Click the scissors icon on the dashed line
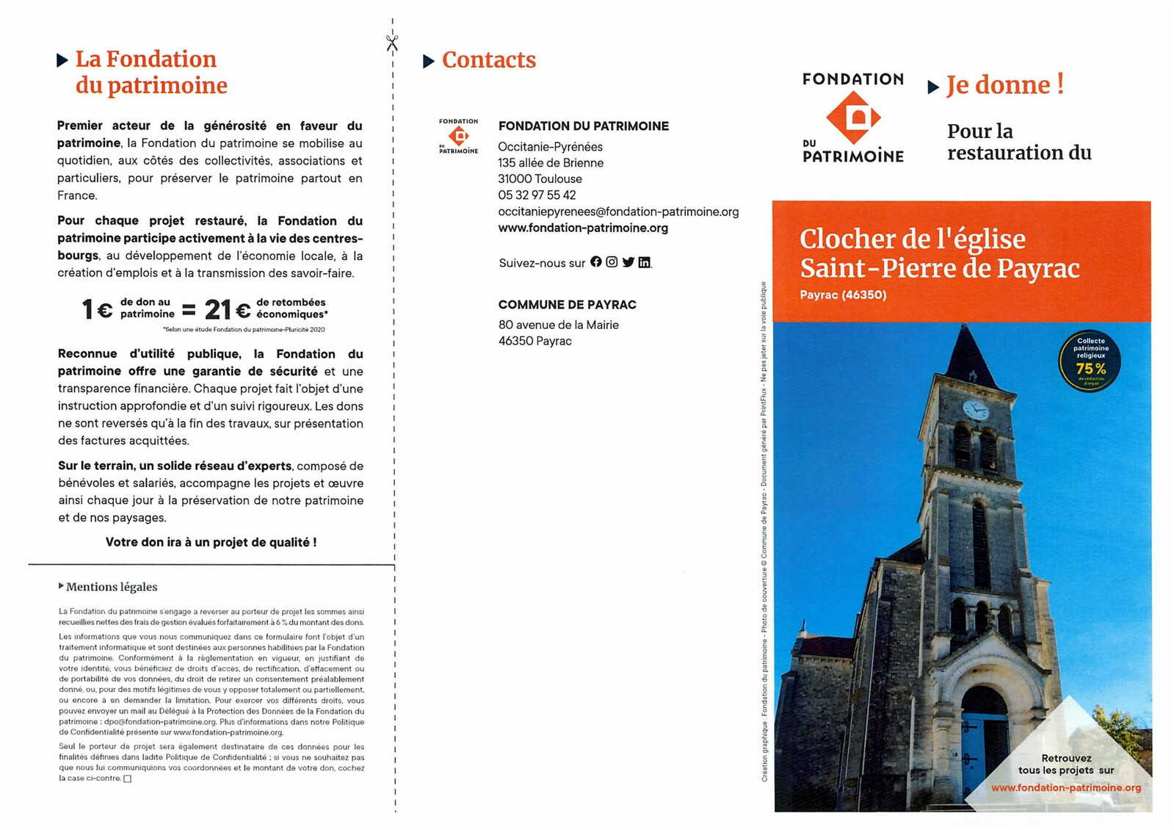[x=392, y=43]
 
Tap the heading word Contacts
[x=488, y=60]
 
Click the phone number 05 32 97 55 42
[x=537, y=195]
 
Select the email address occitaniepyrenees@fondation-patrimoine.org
[x=618, y=212]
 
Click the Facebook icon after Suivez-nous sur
[x=596, y=262]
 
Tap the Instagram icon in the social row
[x=612, y=262]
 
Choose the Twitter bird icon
[x=628, y=262]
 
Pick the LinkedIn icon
[x=644, y=263]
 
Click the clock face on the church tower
[x=975, y=409]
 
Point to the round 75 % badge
[x=1090, y=361]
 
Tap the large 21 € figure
[x=227, y=310]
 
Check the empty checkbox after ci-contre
[x=128, y=779]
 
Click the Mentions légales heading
[x=111, y=587]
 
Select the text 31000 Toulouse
[x=540, y=179]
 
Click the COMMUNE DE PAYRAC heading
[x=567, y=305]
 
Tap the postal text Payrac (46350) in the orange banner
[x=843, y=295]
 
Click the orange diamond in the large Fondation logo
[x=852, y=118]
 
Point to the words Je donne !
[x=1004, y=85]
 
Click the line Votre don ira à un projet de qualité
[x=211, y=543]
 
